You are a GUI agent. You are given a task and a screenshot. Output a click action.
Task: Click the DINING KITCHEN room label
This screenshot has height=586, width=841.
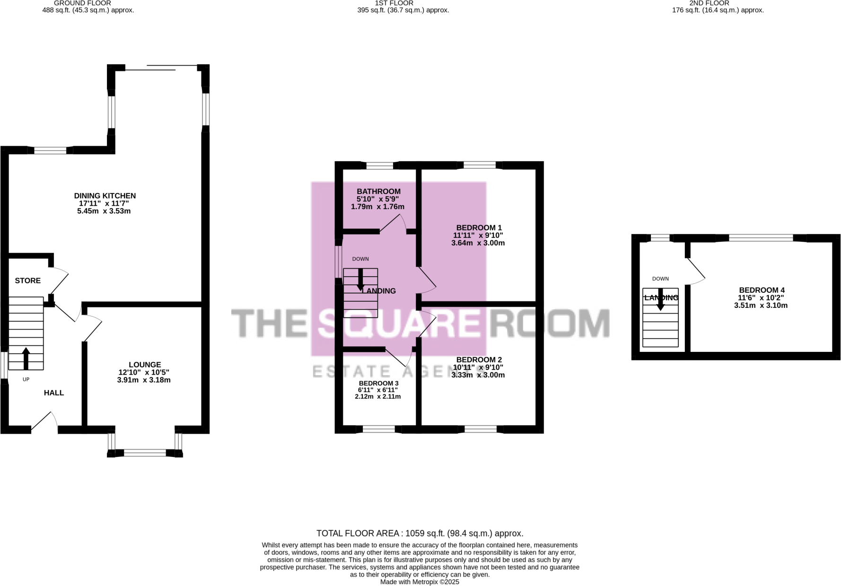coord(105,196)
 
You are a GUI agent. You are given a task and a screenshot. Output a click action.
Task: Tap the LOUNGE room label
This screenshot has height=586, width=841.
coord(145,365)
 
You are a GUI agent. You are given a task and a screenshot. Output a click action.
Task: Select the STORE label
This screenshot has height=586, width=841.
coord(28,280)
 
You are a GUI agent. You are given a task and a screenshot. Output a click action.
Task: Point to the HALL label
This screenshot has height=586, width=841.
coord(54,393)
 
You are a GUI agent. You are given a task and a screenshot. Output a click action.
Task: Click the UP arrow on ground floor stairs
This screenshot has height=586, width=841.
coord(26,358)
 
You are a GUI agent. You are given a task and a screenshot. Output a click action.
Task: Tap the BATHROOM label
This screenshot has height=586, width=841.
coord(378,192)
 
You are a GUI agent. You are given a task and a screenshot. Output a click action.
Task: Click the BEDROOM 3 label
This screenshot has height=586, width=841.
coord(378,383)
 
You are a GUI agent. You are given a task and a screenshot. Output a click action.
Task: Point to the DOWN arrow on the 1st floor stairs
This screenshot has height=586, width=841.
coord(360,280)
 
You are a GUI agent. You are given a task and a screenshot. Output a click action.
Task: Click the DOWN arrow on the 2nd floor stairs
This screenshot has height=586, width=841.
coord(661,299)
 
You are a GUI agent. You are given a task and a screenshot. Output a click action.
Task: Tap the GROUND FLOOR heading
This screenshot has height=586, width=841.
coord(82,3)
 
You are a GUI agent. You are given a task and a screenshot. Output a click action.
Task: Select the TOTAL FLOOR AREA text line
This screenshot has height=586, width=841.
coord(420,534)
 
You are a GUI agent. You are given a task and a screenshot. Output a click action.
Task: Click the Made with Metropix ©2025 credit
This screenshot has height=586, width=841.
coord(420,582)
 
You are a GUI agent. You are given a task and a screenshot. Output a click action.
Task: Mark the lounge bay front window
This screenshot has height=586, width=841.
coord(145,453)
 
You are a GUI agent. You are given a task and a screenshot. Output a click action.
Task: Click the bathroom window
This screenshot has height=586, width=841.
coord(380,166)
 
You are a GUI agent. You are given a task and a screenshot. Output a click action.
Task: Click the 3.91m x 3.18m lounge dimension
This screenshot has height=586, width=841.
coord(144,380)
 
